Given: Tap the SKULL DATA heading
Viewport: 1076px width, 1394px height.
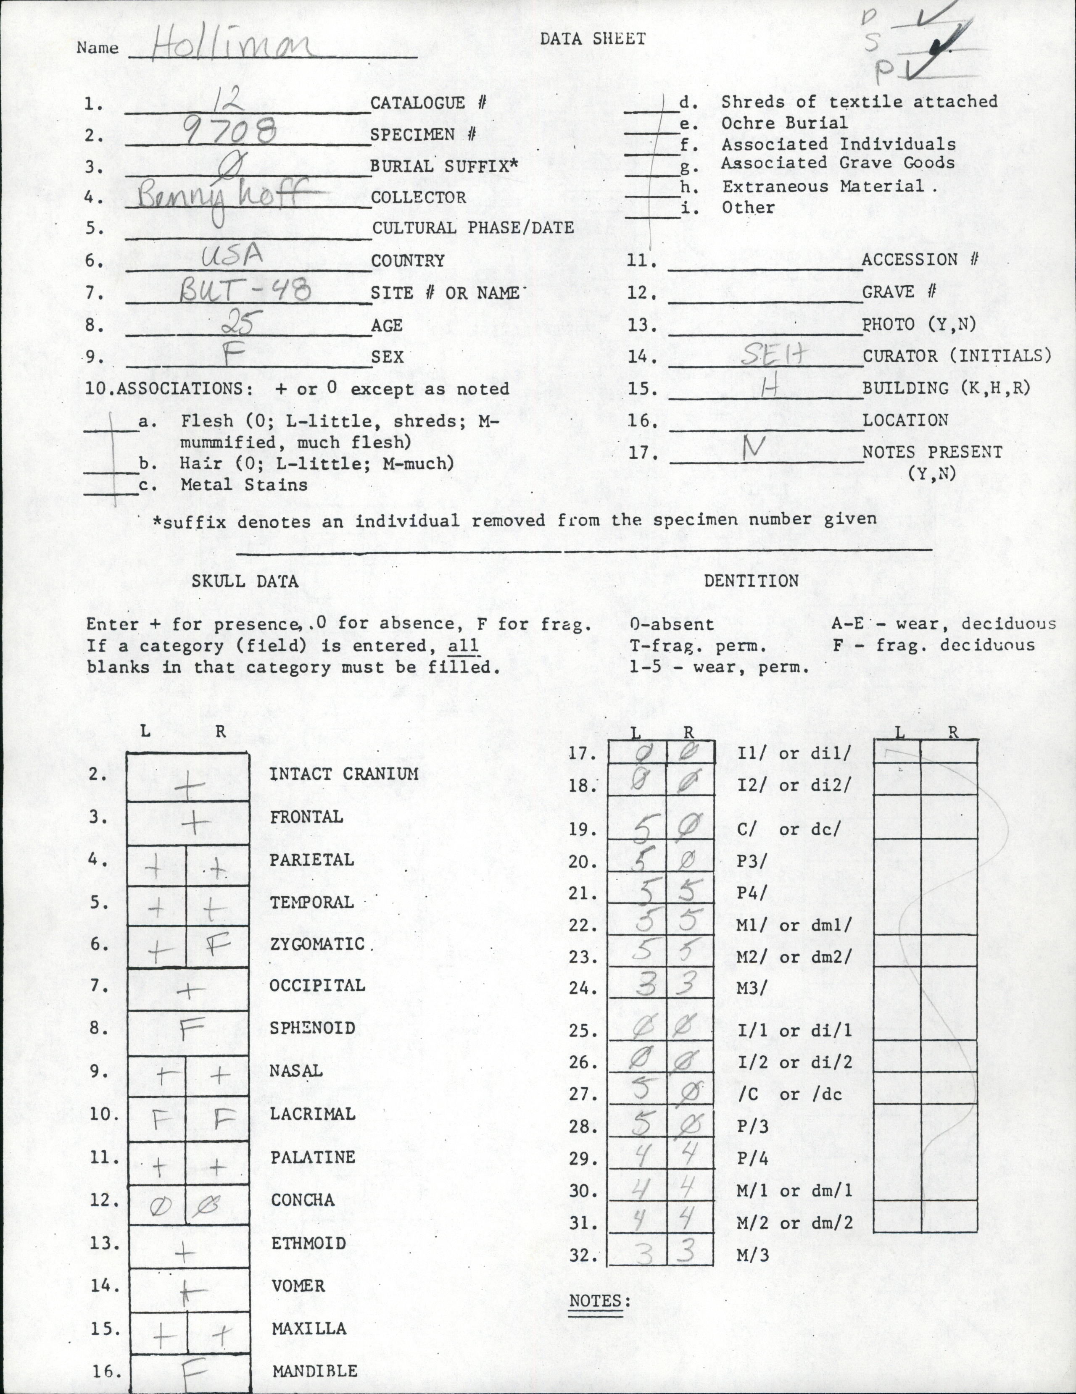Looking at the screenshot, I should point(245,581).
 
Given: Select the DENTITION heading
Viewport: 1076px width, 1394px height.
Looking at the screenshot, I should point(751,580).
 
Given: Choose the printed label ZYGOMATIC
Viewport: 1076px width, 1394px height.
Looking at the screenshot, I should point(317,943).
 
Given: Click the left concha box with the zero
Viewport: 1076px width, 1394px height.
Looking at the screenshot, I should point(158,1205).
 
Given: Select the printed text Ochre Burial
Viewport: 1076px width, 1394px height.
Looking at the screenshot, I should point(784,123).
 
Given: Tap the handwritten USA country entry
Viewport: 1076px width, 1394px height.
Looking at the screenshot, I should point(232,257).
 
